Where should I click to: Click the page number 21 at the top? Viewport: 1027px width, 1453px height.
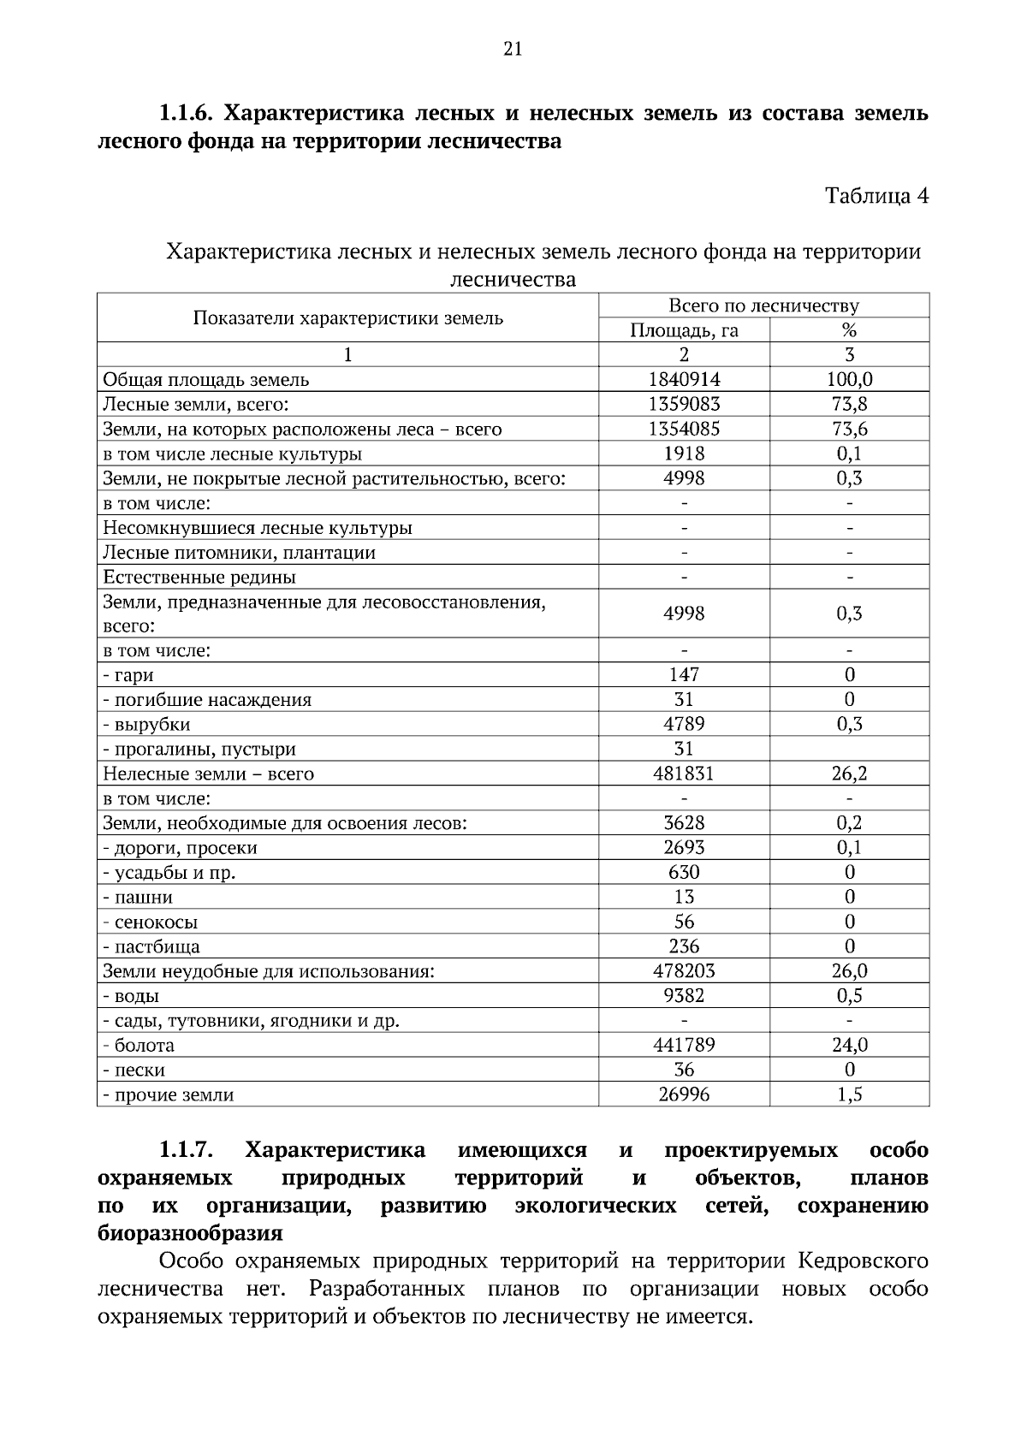513,49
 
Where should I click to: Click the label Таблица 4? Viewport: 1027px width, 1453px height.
876,196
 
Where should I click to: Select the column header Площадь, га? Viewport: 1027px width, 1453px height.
684,330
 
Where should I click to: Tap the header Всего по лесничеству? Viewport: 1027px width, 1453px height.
763,305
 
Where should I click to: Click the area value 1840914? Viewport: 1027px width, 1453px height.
684,379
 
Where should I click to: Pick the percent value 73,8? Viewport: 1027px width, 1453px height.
849,404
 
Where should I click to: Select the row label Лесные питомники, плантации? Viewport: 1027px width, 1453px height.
239,552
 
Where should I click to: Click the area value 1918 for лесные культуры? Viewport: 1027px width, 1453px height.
684,454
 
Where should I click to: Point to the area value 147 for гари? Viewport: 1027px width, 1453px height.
684,675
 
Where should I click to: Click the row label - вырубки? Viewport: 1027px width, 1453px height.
146,725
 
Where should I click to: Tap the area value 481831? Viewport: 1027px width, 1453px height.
684,774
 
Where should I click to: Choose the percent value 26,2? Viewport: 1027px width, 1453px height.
849,774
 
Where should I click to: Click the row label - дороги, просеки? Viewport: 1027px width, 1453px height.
180,848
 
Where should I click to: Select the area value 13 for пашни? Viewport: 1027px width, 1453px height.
684,897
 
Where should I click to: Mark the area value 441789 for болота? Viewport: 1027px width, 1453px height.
684,1045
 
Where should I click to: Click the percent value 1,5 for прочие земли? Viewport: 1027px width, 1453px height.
849,1094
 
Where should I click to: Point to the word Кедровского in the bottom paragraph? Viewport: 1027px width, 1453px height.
863,1261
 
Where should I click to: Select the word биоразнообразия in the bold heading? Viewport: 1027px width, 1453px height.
190,1233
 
